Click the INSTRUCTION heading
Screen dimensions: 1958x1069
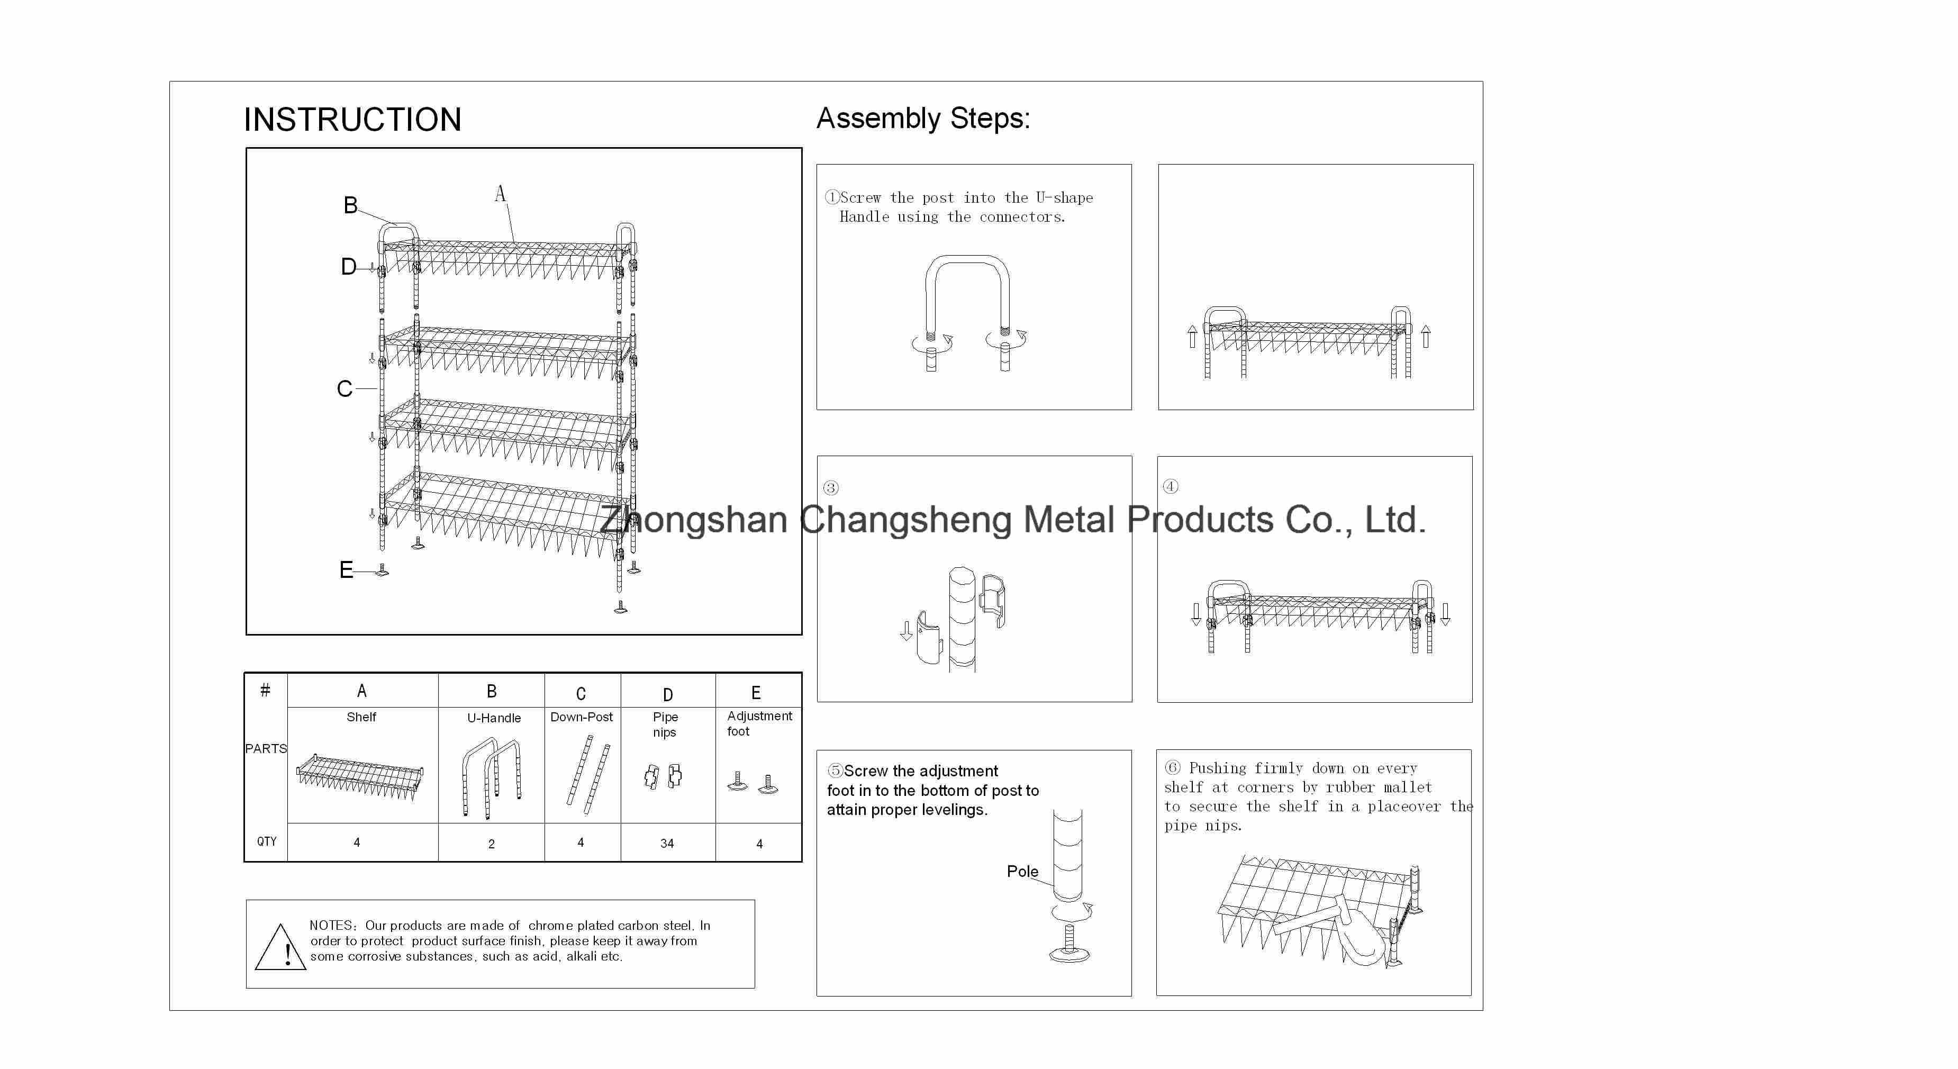pyautogui.click(x=352, y=120)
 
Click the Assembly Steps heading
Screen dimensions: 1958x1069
pyautogui.click(x=923, y=119)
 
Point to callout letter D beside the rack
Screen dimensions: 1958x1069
pyautogui.click(x=348, y=267)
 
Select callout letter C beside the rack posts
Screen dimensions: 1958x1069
pyautogui.click(x=345, y=389)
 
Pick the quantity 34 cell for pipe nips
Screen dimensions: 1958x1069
pyautogui.click(x=667, y=843)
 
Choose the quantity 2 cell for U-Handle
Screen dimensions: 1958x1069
pyautogui.click(x=491, y=843)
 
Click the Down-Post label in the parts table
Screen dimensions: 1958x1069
pyautogui.click(x=582, y=717)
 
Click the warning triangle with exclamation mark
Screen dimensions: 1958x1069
pyautogui.click(x=280, y=947)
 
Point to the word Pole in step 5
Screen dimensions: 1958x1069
pyautogui.click(x=1022, y=871)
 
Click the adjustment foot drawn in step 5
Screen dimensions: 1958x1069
pyautogui.click(x=1069, y=944)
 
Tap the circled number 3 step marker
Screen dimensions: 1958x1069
pyautogui.click(x=831, y=488)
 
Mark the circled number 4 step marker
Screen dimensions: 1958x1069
pyautogui.click(x=1171, y=486)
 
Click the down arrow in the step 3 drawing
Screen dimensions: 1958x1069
pyautogui.click(x=906, y=631)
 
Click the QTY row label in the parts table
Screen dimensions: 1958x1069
pyautogui.click(x=267, y=841)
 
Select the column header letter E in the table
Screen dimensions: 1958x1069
pyautogui.click(x=756, y=693)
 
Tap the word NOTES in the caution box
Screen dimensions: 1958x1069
pyautogui.click(x=331, y=925)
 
